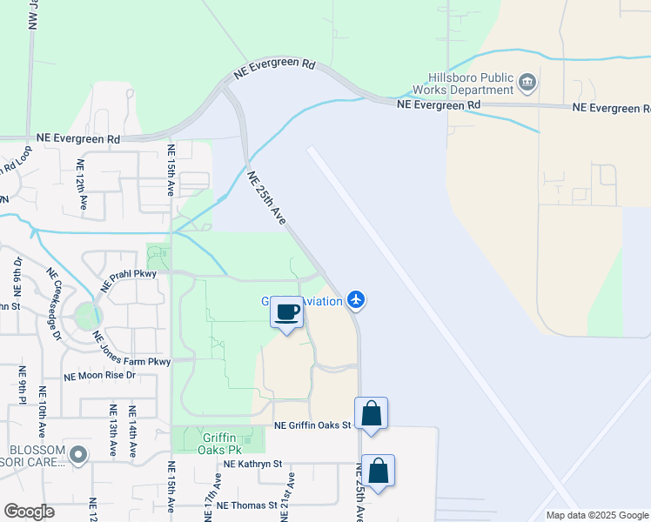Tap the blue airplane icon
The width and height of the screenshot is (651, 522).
coord(355,300)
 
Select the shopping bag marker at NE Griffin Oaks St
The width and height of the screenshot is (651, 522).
coord(371,414)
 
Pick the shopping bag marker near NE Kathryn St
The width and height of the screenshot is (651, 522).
coord(378,472)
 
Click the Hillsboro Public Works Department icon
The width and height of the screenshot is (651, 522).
coord(527,83)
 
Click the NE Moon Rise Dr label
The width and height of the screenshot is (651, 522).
coord(100,376)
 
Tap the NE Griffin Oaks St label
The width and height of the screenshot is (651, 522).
coord(312,425)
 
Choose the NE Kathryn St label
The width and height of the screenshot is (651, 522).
coord(253,465)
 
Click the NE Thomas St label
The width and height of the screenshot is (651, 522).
coord(246,505)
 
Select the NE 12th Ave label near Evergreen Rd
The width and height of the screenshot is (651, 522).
coord(81,184)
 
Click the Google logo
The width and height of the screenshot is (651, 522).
coord(29,512)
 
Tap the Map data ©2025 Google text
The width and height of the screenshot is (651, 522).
coord(596,514)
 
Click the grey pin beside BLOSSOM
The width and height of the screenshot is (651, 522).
coord(79,454)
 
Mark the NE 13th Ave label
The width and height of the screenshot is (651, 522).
coord(113,431)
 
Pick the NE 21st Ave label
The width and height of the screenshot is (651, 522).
coord(288,495)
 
